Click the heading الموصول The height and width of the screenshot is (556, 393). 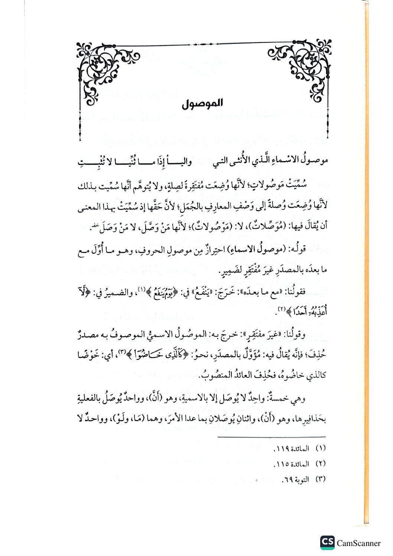tap(202, 104)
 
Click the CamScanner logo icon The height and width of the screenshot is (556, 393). tap(327, 542)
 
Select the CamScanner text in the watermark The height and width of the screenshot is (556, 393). tap(358, 543)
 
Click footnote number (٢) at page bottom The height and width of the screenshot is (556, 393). tap(320, 464)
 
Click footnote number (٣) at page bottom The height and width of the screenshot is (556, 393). tap(320, 479)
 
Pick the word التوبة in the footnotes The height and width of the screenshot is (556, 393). tap(301, 479)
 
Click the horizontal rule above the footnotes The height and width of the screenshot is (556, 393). tap(271, 437)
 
